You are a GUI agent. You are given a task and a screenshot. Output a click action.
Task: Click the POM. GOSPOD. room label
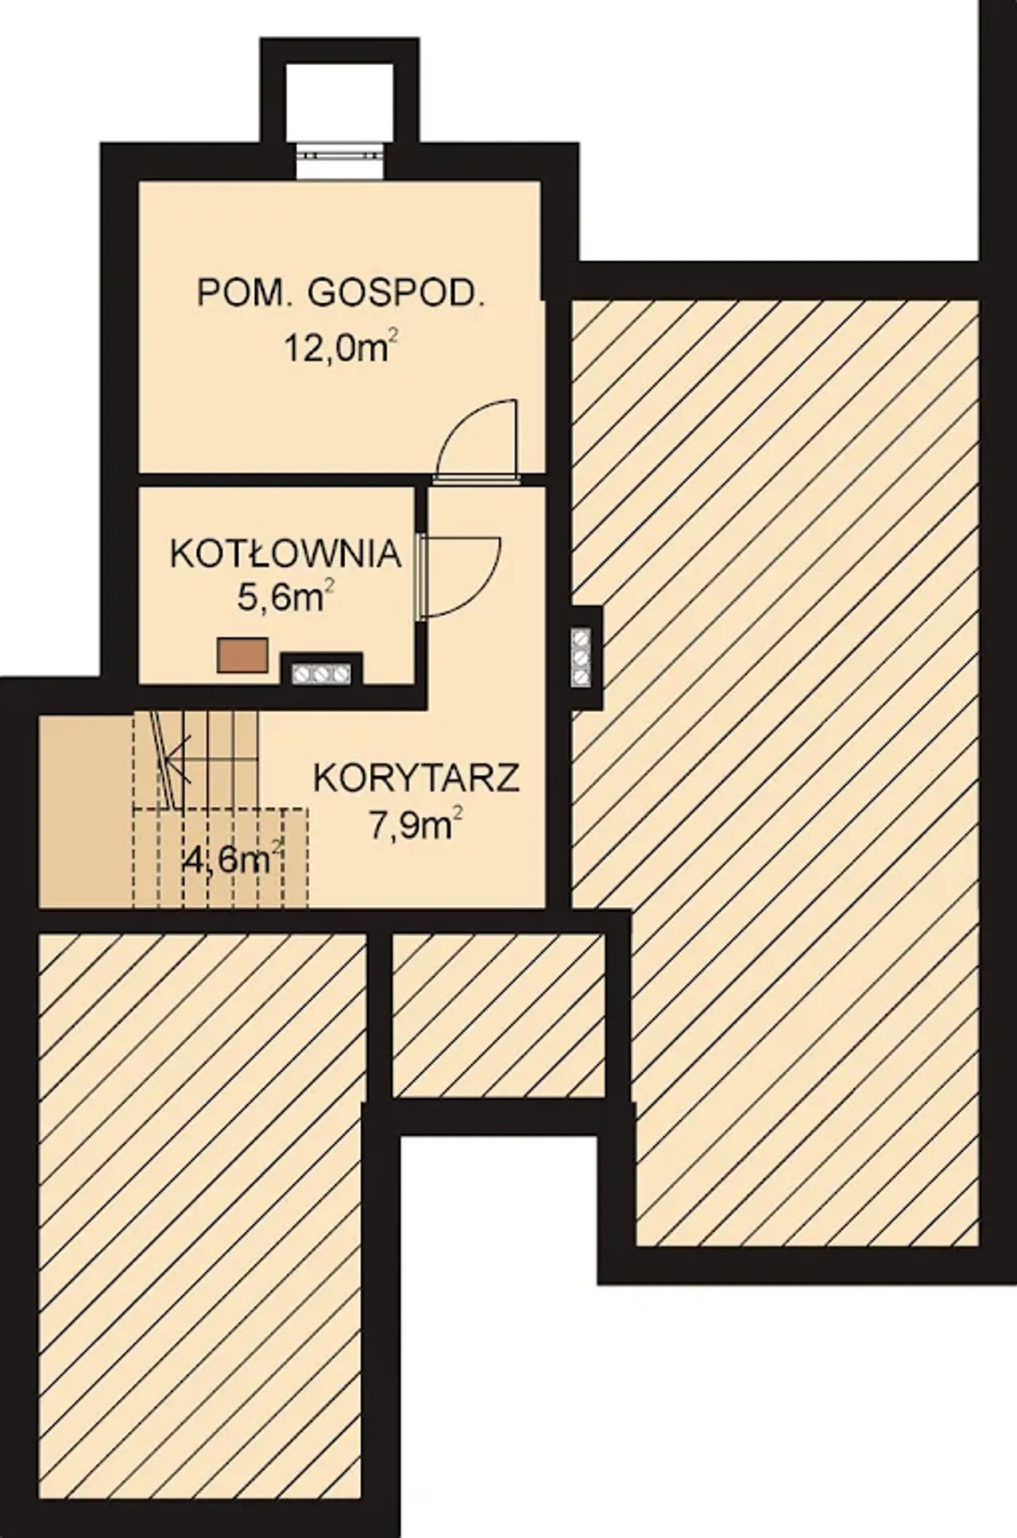pos(340,295)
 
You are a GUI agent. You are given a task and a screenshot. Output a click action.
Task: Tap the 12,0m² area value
pos(341,347)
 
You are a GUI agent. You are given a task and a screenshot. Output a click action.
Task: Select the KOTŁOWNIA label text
pos(285,554)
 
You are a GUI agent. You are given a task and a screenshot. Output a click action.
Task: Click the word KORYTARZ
pos(417,778)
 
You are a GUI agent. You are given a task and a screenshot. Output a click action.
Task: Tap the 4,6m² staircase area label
pos(233,859)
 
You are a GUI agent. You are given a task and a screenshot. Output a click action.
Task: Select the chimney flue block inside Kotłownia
pos(322,672)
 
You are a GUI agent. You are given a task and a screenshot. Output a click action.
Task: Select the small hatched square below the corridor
pos(498,1015)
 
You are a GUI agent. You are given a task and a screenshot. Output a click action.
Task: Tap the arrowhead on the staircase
pos(174,755)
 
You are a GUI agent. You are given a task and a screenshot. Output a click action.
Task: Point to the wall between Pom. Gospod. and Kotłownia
pos(278,481)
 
